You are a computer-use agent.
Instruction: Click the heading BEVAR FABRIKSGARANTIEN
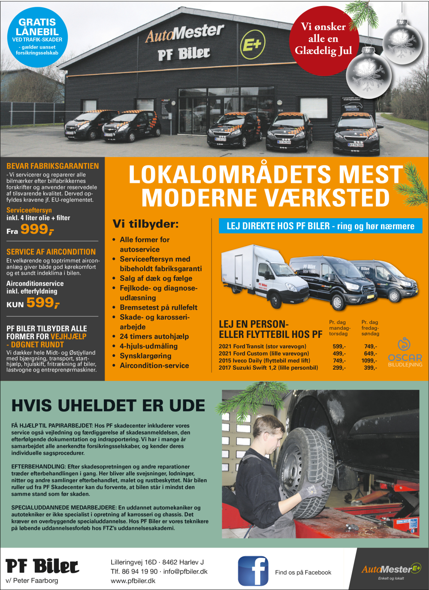[x=52, y=166]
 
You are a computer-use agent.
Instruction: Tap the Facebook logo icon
[x=253, y=571]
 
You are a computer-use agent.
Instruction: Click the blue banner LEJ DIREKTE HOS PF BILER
[x=320, y=226]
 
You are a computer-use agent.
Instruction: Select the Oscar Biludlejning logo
[x=405, y=353]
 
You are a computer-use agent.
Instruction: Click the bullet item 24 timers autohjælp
[x=154, y=336]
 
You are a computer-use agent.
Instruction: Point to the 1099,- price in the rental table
[x=369, y=361]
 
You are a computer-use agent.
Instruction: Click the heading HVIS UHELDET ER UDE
[x=108, y=406]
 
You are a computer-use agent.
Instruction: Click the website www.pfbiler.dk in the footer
[x=133, y=581]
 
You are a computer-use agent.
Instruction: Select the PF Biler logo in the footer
[x=42, y=567]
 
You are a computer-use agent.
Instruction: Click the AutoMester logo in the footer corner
[x=391, y=570]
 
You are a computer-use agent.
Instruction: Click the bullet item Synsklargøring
[x=145, y=356]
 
